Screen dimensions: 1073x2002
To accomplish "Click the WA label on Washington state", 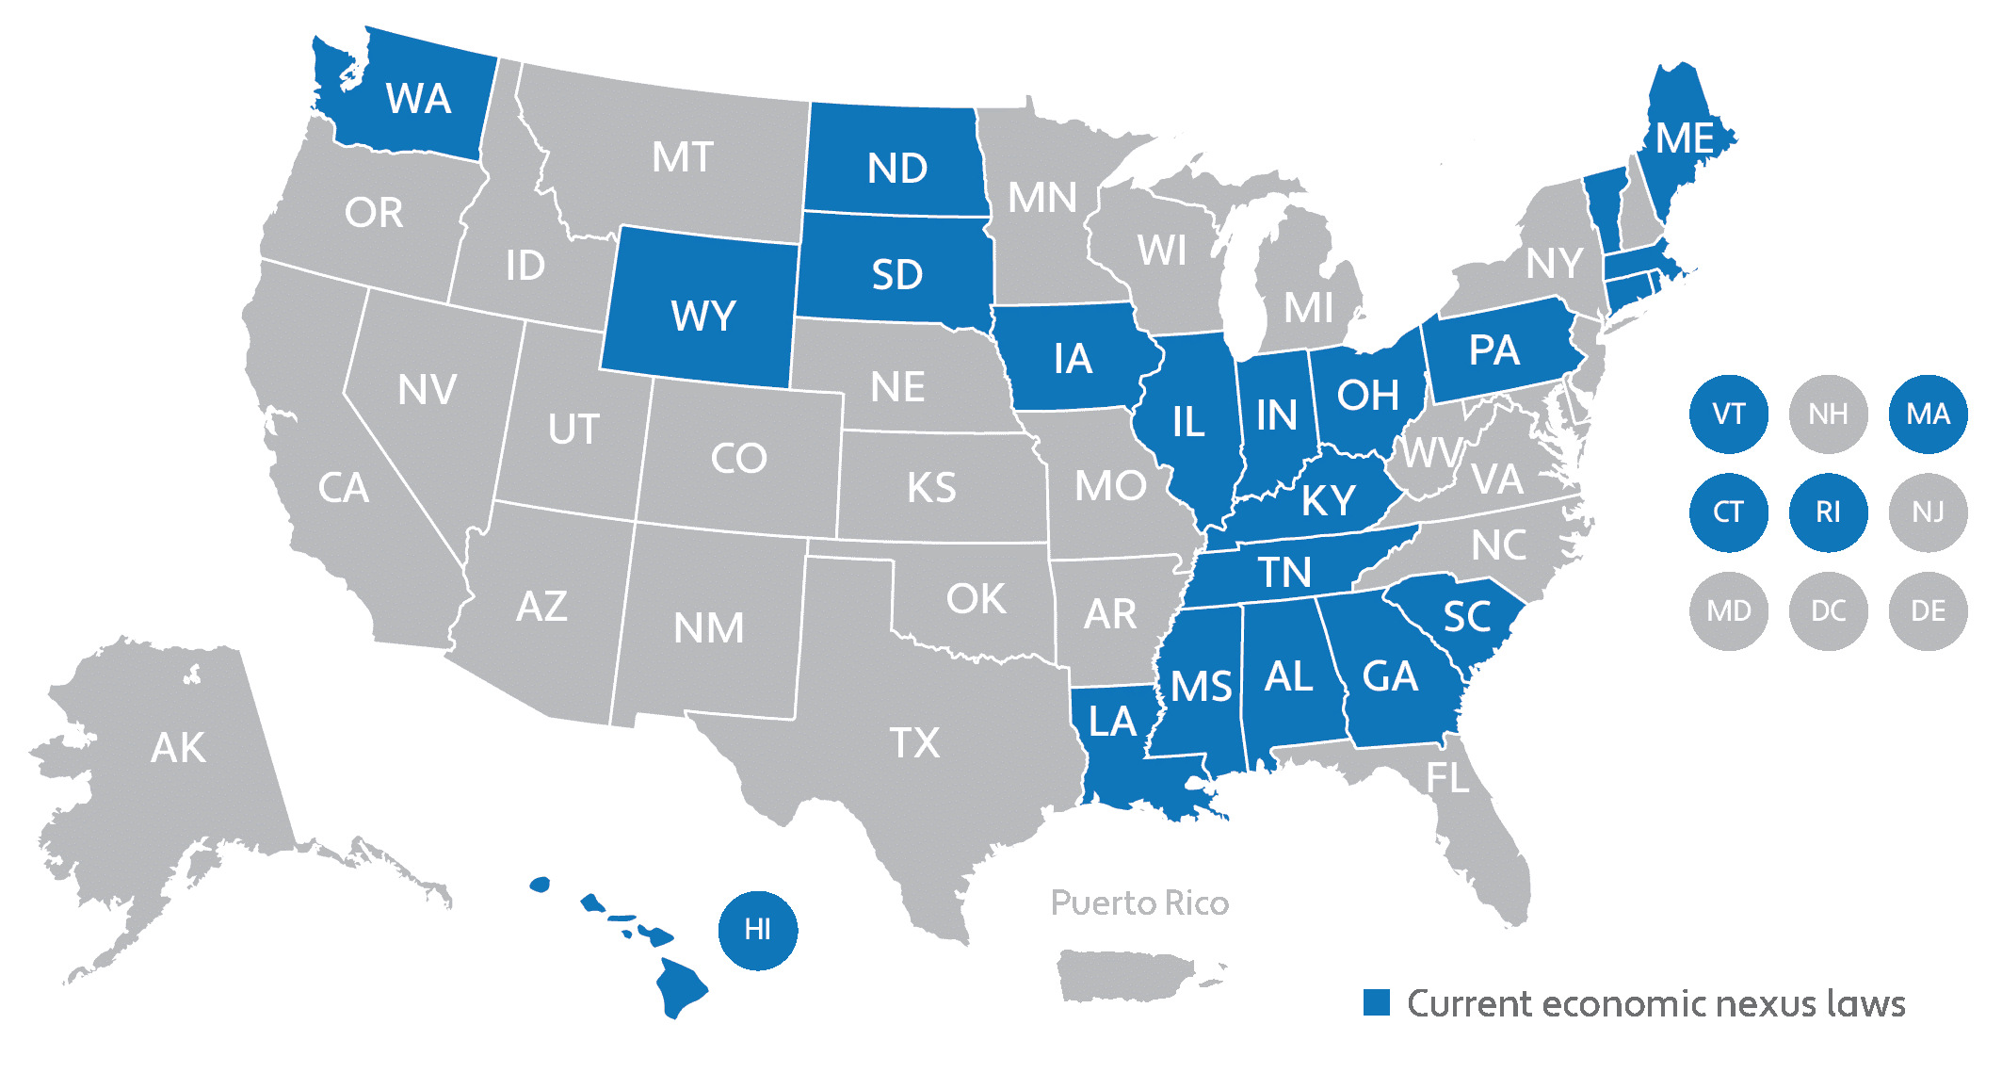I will (418, 99).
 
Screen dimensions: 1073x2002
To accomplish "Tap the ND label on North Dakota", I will (897, 169).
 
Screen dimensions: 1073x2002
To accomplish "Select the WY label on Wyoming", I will (702, 316).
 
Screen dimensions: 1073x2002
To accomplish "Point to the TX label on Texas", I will (914, 743).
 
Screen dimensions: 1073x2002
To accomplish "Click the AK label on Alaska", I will (178, 748).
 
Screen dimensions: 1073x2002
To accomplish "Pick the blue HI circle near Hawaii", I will (758, 930).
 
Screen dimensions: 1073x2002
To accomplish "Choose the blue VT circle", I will (1728, 414).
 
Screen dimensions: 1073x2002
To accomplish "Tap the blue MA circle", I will (1928, 414).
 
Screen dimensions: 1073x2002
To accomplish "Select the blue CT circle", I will (1728, 512).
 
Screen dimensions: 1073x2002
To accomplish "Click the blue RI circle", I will (1828, 512).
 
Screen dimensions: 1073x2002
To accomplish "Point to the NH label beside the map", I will (1828, 414).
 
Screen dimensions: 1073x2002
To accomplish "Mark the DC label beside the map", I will (1828, 610).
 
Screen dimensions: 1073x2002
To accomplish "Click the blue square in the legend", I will (1377, 1002).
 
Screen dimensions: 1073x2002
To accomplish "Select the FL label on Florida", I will (1447, 778).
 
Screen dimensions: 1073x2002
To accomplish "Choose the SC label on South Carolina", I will (1466, 617).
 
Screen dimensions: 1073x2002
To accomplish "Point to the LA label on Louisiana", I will (1112, 722).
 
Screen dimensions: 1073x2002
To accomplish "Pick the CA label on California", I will (343, 488).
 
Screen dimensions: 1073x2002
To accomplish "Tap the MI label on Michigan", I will (1309, 308).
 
